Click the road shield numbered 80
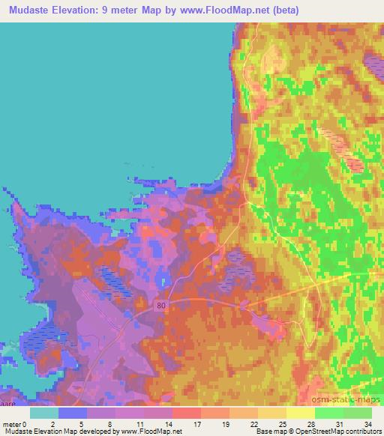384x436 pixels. (x=162, y=306)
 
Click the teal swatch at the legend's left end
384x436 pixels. (x=44, y=413)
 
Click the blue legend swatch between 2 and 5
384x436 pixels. (x=73, y=413)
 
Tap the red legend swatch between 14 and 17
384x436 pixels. (x=187, y=413)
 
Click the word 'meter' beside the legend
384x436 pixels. (x=13, y=424)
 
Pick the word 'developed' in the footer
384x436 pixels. (x=97, y=432)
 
